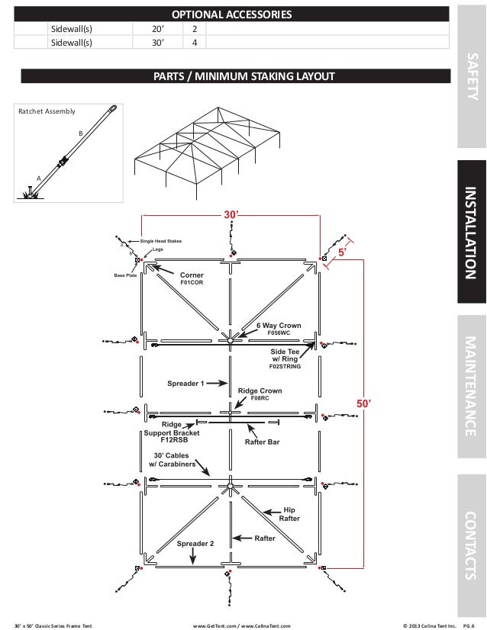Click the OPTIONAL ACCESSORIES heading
tap(231, 15)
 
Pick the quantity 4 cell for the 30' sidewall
tap(195, 43)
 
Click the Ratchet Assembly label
tap(47, 111)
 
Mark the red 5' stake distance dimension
tap(343, 250)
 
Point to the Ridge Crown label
tap(260, 391)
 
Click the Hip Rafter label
tap(289, 513)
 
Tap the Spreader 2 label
tap(195, 544)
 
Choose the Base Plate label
tap(124, 275)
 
